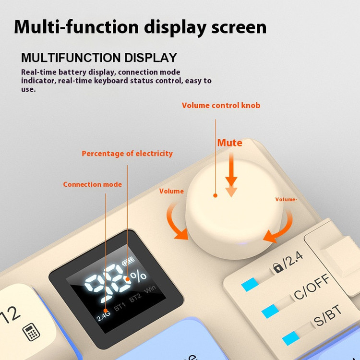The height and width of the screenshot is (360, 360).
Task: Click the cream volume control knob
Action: tap(234, 208)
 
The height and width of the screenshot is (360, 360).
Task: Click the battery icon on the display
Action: tap(128, 262)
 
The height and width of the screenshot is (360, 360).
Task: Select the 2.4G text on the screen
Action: tap(103, 315)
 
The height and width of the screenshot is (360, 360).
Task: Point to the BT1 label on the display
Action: tap(120, 307)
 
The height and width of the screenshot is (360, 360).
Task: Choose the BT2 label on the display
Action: tap(135, 298)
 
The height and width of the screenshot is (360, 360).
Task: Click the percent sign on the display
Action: tap(138, 276)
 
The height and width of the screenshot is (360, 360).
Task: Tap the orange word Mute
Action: tap(229, 143)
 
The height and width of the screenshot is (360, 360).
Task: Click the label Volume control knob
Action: tap(221, 106)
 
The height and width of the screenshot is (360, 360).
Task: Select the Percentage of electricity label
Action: tap(127, 154)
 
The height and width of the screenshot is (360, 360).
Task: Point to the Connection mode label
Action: tap(92, 184)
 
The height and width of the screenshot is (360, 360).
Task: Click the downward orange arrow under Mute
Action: tap(231, 175)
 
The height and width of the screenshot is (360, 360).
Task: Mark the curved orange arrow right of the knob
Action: tap(282, 228)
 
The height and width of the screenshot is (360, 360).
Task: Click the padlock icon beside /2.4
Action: tap(278, 267)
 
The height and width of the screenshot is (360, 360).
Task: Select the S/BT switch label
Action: tap(328, 315)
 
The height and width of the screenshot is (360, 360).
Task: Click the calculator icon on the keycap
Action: tap(31, 332)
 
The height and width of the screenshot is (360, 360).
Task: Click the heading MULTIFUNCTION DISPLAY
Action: tap(99, 58)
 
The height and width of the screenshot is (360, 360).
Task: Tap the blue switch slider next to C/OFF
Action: tap(270, 311)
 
